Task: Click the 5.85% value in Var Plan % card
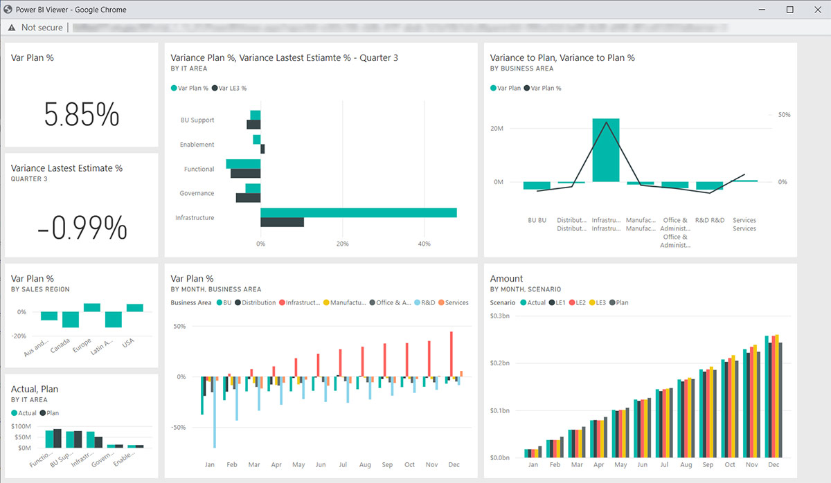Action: click(x=82, y=114)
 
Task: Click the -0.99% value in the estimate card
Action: click(x=82, y=227)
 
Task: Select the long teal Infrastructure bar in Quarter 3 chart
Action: click(x=358, y=212)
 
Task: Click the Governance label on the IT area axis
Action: click(x=197, y=194)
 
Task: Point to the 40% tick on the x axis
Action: click(x=425, y=244)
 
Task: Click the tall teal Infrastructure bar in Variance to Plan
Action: click(x=605, y=149)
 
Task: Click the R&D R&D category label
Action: click(x=710, y=221)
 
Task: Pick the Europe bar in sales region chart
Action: click(x=92, y=307)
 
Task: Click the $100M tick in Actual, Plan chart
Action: click(x=26, y=426)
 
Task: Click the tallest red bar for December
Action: click(x=452, y=354)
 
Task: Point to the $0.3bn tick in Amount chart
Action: click(x=499, y=316)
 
